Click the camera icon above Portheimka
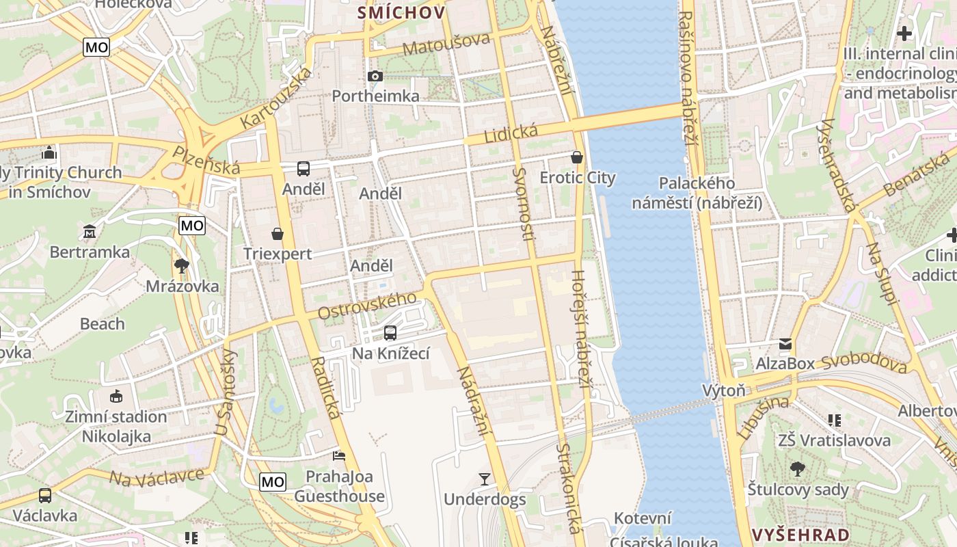coord(375,76)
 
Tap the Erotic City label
coord(578,178)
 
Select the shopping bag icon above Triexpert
coord(278,235)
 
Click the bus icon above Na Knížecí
coord(390,333)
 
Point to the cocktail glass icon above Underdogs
coord(485,479)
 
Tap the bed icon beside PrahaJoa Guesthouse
coord(339,455)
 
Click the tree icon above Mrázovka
coord(182,265)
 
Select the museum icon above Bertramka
coord(90,232)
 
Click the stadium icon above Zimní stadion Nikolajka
coord(116,396)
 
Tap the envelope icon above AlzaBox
coord(785,344)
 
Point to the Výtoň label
coord(724,390)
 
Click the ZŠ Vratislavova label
coord(834,440)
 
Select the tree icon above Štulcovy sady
coord(797,469)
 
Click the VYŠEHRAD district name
coord(800,535)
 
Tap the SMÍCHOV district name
coord(401,12)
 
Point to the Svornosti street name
coord(524,204)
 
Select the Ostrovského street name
coord(367,305)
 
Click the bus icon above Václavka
coord(45,495)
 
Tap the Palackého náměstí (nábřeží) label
coord(697,193)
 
